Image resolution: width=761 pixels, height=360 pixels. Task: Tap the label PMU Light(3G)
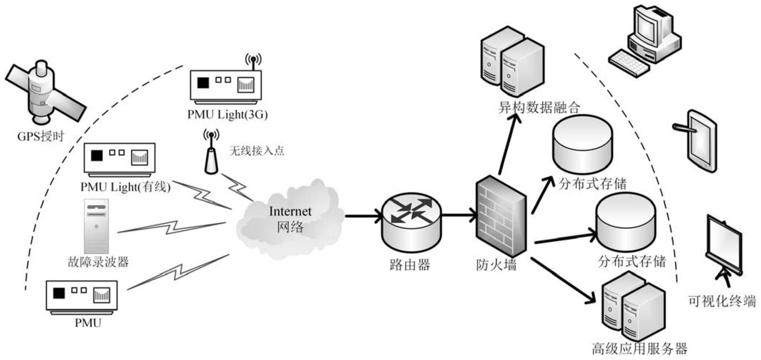(227, 115)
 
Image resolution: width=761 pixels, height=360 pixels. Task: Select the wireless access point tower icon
(211, 154)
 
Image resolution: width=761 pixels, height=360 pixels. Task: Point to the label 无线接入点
(256, 150)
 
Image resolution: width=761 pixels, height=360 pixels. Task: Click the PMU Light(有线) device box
(120, 158)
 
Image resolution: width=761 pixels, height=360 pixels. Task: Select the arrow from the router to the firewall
(459, 215)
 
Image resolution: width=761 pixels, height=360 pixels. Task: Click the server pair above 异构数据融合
(512, 62)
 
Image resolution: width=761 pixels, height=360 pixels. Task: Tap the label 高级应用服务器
(640, 348)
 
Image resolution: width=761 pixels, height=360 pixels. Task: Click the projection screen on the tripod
(724, 245)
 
